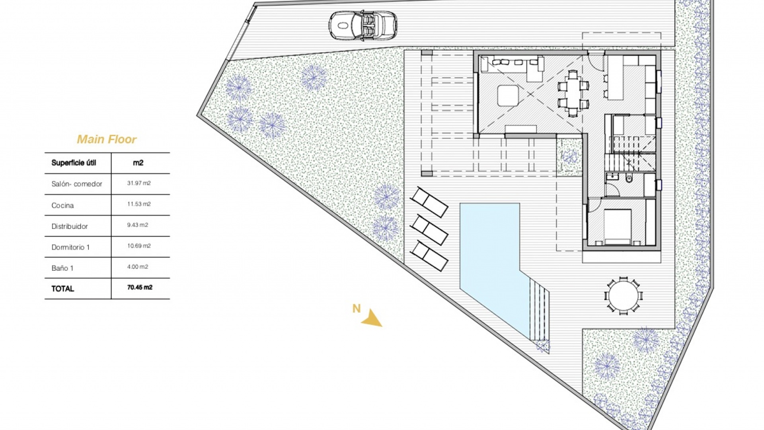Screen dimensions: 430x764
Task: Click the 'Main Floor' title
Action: click(x=107, y=139)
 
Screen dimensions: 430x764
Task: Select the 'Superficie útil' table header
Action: click(x=74, y=163)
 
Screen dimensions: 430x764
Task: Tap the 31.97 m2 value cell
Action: click(x=139, y=184)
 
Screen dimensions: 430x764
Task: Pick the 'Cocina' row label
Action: click(x=62, y=205)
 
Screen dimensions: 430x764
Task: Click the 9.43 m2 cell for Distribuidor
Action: click(x=138, y=225)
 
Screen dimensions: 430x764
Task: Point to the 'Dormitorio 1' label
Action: click(x=70, y=247)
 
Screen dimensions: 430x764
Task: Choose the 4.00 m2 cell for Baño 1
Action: click(x=138, y=267)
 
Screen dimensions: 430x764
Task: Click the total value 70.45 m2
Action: click(x=140, y=287)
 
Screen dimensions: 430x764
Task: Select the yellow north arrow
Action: click(x=372, y=319)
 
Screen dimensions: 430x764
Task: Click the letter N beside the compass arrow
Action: click(x=356, y=309)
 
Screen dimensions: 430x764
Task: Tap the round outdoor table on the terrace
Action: click(x=623, y=296)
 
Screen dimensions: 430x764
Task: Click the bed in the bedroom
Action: click(x=617, y=226)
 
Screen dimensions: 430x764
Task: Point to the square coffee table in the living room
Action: click(x=508, y=96)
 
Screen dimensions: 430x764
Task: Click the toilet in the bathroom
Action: click(x=629, y=178)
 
